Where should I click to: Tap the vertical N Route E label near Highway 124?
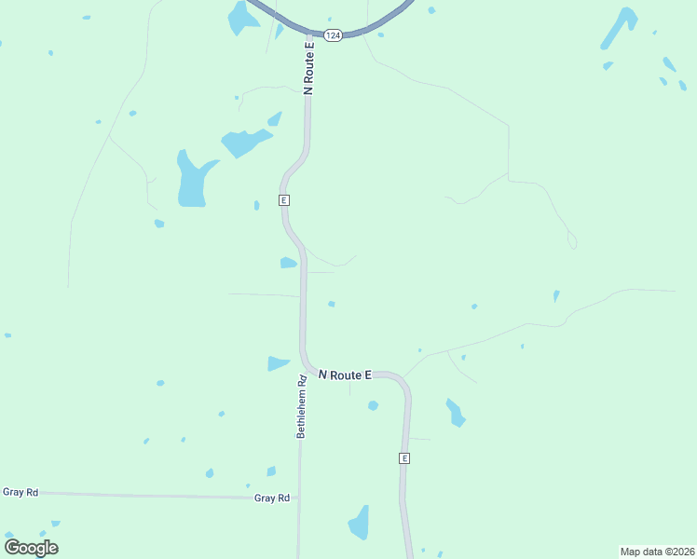(309, 65)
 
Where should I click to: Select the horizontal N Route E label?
(345, 375)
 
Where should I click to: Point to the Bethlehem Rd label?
(302, 407)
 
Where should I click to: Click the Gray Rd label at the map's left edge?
(20, 492)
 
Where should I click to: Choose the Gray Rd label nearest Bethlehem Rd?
(272, 498)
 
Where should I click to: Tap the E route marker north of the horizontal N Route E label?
(284, 200)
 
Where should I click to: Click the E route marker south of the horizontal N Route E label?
(404, 458)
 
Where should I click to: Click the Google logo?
(31, 547)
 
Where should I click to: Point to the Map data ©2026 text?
(658, 551)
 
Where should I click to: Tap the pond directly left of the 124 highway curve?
(244, 19)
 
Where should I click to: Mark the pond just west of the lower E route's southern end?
(360, 524)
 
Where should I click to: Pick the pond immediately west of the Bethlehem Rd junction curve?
(279, 363)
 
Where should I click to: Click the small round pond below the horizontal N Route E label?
(373, 405)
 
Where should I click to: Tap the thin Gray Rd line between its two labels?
(140, 495)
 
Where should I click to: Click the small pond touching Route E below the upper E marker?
(288, 263)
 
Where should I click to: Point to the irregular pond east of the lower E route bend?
(455, 412)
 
